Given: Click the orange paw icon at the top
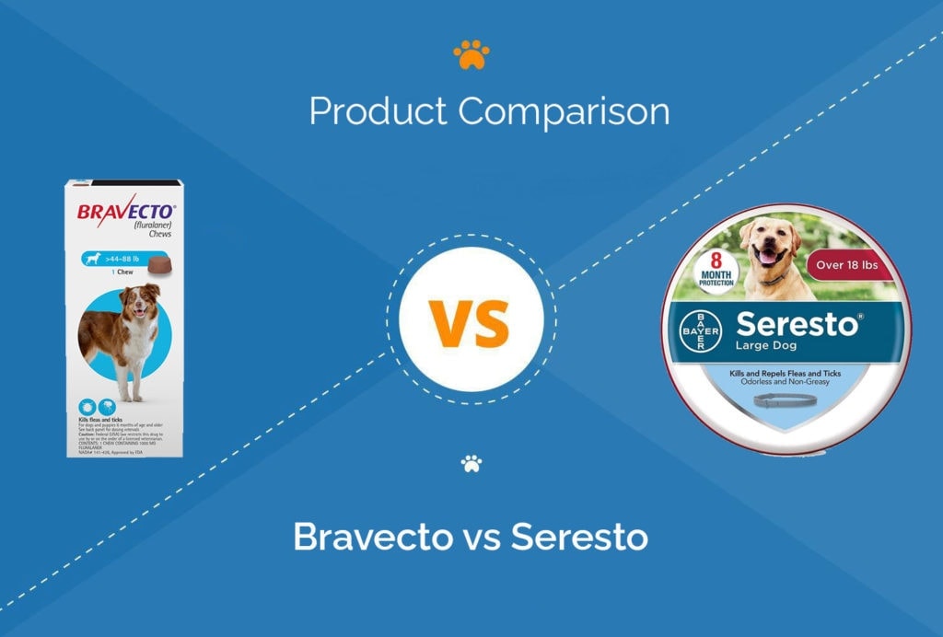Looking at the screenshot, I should (x=471, y=56).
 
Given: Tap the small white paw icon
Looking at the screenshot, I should (x=471, y=463).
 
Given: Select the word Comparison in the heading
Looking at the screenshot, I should (x=564, y=112).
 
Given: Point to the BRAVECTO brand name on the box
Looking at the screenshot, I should (x=122, y=211).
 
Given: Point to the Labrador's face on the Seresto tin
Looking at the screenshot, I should (x=772, y=246).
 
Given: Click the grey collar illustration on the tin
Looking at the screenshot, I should (x=783, y=400).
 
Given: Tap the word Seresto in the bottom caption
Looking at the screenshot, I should (x=579, y=536).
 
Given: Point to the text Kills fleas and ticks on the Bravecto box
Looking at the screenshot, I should (x=104, y=419).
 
